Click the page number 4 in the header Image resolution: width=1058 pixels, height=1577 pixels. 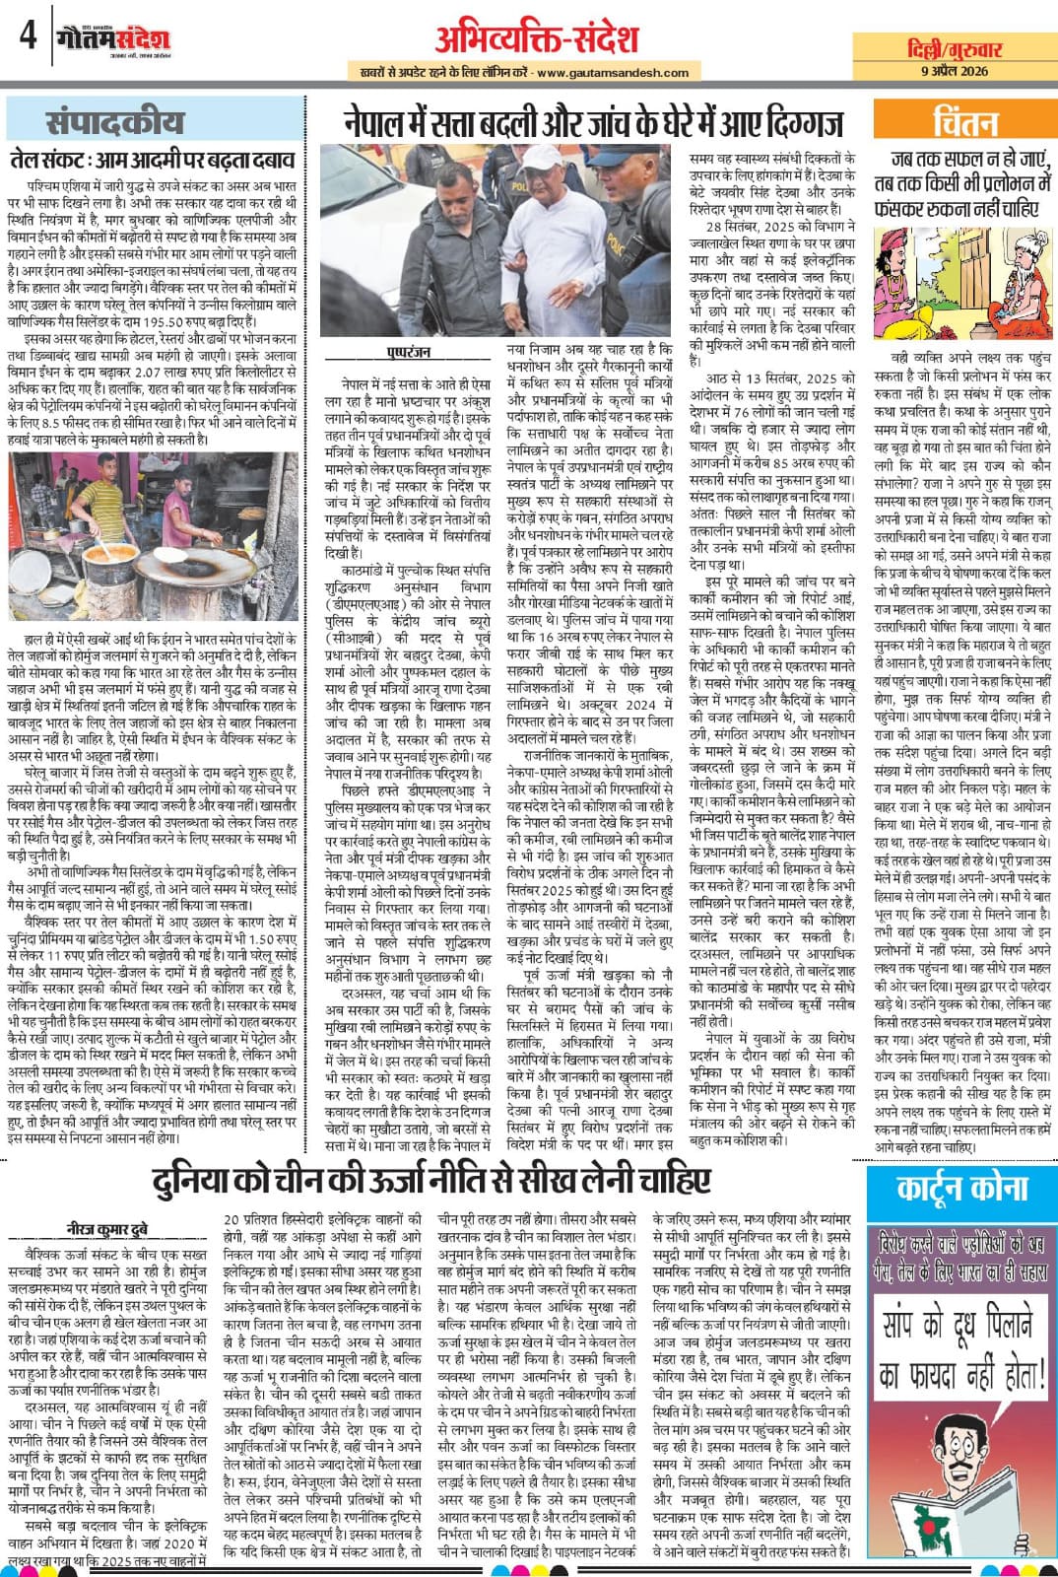click(x=27, y=36)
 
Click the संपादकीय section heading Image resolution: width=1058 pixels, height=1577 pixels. click(x=114, y=122)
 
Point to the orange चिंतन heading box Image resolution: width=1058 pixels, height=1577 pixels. click(x=964, y=122)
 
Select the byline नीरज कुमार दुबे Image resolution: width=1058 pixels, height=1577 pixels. click(x=106, y=1228)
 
